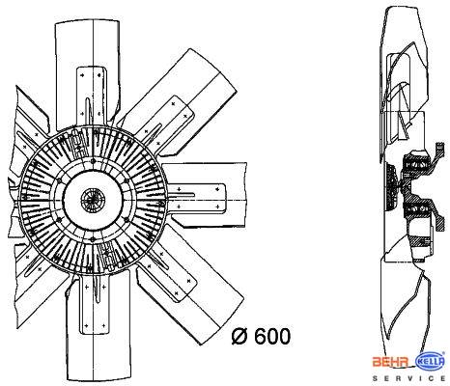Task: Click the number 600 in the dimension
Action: click(x=272, y=336)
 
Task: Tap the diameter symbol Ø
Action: click(x=239, y=336)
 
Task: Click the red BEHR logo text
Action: click(x=390, y=362)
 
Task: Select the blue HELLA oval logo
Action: click(x=430, y=362)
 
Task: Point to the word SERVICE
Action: click(x=408, y=378)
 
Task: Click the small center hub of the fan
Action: click(x=93, y=200)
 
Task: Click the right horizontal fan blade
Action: click(x=210, y=196)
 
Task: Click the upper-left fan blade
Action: click(x=31, y=119)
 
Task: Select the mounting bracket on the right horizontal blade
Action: click(x=196, y=198)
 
